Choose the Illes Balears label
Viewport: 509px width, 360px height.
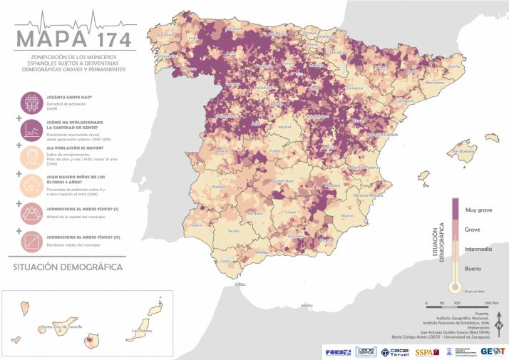click(x=463, y=151)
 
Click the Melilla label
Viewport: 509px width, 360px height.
click(x=307, y=305)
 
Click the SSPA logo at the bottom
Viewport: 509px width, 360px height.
click(x=424, y=351)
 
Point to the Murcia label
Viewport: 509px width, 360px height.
click(x=347, y=215)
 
